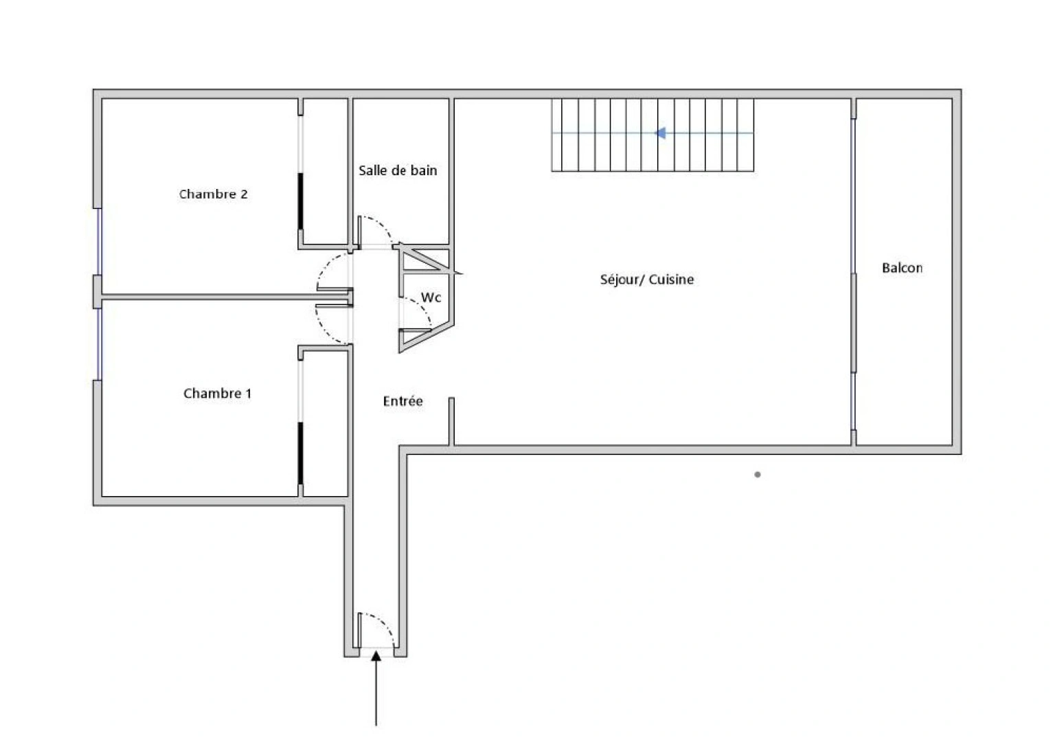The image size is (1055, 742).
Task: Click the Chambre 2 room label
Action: [x=214, y=194]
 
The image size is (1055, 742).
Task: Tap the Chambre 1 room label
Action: [x=217, y=394]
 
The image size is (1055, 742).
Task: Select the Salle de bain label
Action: [x=398, y=170]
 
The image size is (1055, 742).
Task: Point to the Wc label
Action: [x=431, y=297]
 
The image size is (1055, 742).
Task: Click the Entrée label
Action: [x=402, y=401]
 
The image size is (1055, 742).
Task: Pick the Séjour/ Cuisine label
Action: [x=646, y=280]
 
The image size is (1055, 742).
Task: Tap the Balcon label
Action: [x=902, y=268]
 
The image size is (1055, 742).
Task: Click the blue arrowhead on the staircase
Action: [x=660, y=133]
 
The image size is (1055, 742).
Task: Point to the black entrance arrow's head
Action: [x=376, y=656]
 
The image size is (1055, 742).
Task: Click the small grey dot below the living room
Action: [x=758, y=475]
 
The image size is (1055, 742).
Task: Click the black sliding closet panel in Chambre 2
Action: [x=300, y=201]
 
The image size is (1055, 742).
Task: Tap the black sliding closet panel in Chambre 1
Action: [x=300, y=453]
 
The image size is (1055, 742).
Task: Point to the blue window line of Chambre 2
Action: [x=98, y=241]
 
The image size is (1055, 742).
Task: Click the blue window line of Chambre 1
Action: [x=98, y=344]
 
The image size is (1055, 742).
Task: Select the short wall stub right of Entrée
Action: [x=451, y=421]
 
